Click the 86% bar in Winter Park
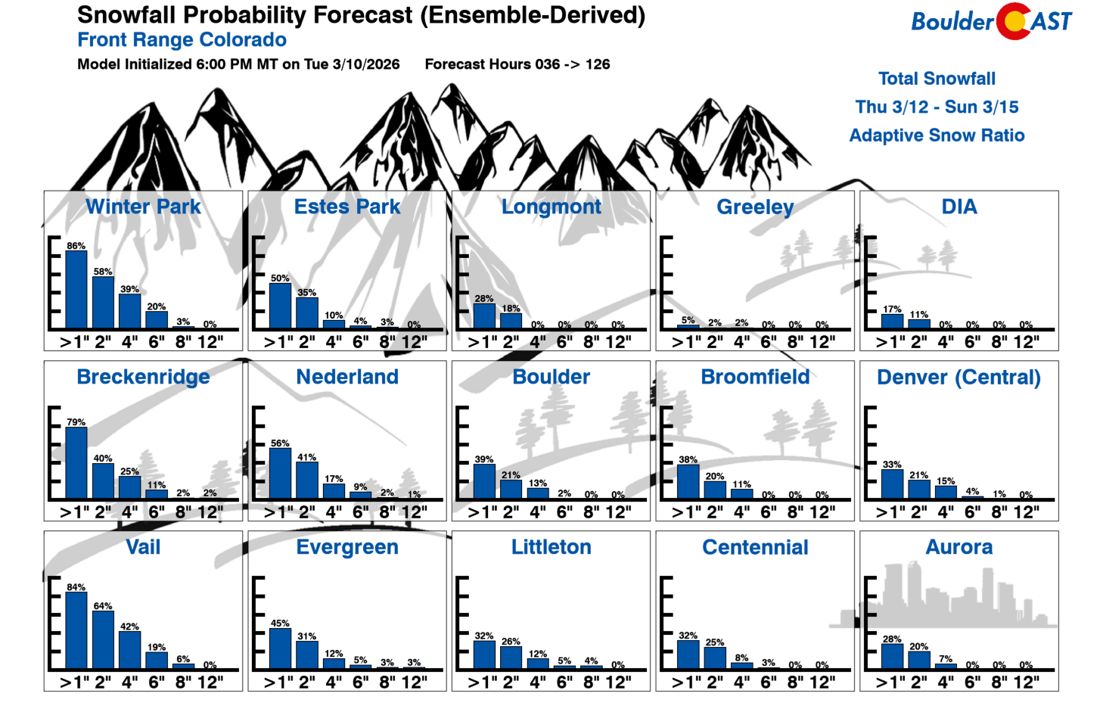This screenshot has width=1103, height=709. pos(76,290)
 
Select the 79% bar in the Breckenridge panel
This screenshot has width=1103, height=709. pos(76,463)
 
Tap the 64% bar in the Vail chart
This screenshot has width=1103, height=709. pos(103,639)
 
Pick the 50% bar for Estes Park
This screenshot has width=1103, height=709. pos(280,306)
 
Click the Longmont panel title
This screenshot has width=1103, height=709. pos(551,207)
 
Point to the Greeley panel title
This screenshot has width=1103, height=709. pos(755,207)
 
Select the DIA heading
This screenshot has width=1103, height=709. pos(959,207)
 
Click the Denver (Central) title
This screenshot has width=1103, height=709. pos(959,377)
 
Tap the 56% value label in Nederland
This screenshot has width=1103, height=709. pos(280,443)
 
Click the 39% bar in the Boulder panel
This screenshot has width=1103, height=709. pos(484,481)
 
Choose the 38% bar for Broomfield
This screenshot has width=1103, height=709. pos(688,482)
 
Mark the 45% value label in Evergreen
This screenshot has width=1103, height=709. pos(280,623)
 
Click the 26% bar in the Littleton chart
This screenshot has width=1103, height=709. pos(511,658)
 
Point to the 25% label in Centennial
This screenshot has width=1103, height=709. pos(715,642)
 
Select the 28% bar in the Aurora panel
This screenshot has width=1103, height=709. pos(892,656)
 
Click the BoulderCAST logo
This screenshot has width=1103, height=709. pos(991,21)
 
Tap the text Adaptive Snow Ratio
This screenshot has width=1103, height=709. pos(937,135)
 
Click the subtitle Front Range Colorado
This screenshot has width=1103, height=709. pos(182,40)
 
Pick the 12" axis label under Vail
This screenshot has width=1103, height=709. pos(210,683)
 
